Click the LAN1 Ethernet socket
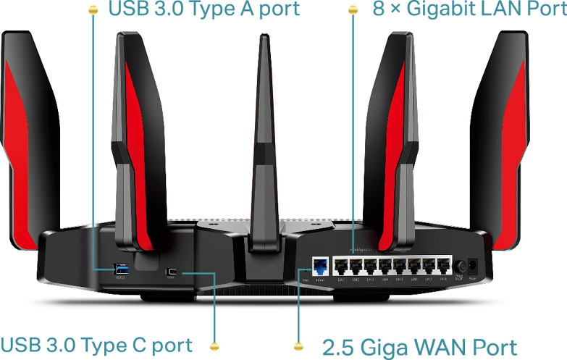tap(340, 266)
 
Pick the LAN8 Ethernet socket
tap(443, 266)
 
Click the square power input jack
tap(474, 267)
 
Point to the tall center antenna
tap(260, 145)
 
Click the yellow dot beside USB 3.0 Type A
tap(92, 10)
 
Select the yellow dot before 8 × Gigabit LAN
tap(353, 10)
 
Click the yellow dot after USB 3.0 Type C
tap(214, 346)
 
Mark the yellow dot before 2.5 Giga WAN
tap(299, 346)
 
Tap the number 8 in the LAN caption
tap(378, 9)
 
